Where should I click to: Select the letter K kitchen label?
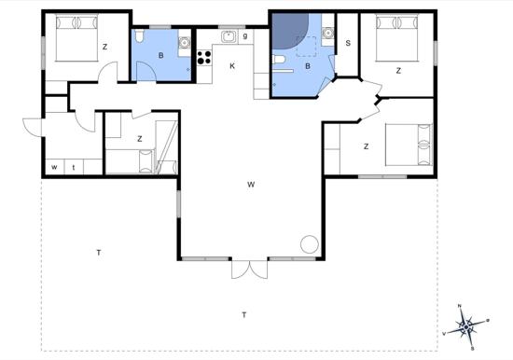point(232,65)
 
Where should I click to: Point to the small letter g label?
point(244,36)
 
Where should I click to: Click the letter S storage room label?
point(348,43)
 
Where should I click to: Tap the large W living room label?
point(251,184)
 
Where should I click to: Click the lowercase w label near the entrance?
point(55,167)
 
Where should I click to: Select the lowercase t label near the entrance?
point(74,167)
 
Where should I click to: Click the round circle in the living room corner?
point(309,245)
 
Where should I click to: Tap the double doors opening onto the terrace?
point(247,268)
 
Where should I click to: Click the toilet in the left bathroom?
point(138,37)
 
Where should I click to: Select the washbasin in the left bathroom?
point(185,42)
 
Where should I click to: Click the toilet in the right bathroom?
point(280,61)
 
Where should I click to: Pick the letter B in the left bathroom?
point(161,55)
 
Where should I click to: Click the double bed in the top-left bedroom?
point(74,41)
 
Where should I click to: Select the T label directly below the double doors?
point(244,314)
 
